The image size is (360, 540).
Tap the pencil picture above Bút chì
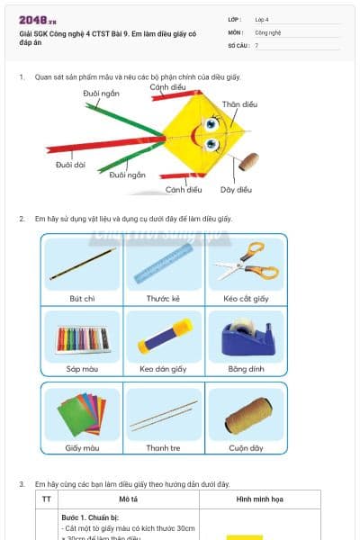(x=83, y=264)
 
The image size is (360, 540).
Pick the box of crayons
(x=83, y=338)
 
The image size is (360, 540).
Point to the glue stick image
(x=164, y=337)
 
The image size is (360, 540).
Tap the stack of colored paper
(x=82, y=413)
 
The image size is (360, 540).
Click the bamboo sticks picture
(x=164, y=414)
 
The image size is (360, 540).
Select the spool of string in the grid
(x=245, y=413)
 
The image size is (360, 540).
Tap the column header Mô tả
(x=128, y=497)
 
